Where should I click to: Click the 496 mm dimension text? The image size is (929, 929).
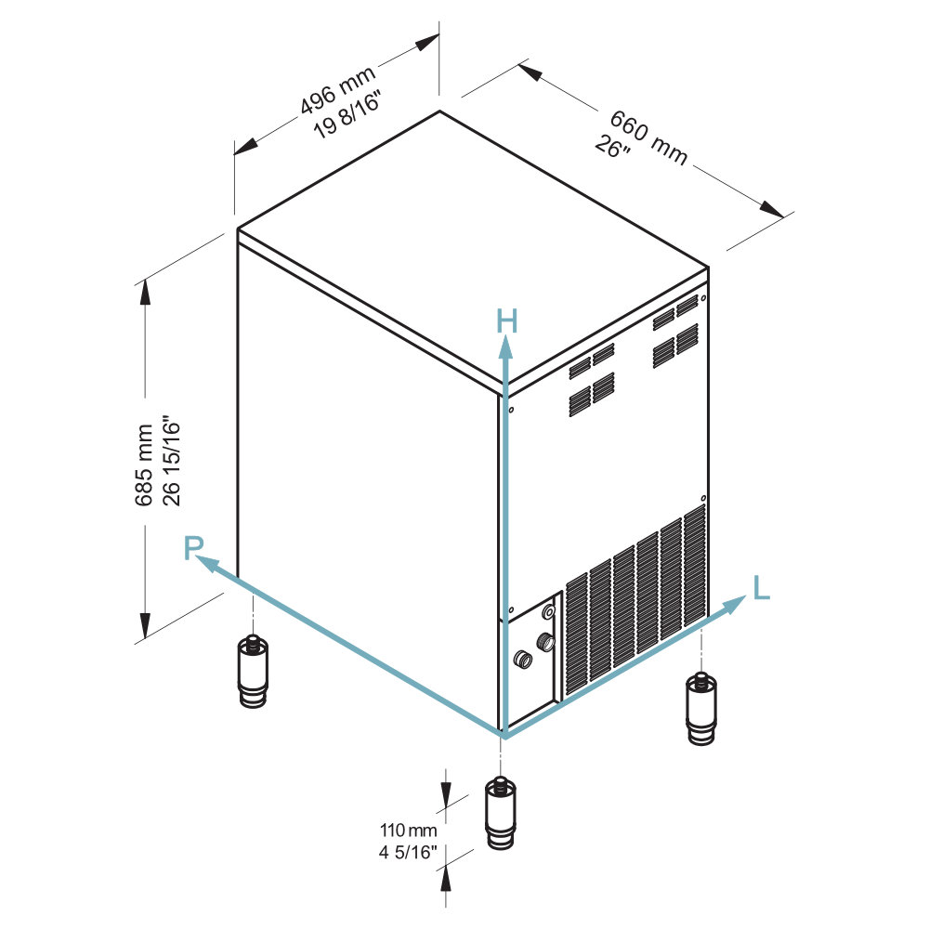coord(337,89)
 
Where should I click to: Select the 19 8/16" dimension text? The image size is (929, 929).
coord(347,114)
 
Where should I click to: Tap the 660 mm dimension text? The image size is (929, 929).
coord(648,137)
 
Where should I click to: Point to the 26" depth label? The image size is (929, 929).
coord(612,147)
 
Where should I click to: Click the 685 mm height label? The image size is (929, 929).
coord(143,465)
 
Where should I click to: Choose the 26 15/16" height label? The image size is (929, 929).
coord(171,460)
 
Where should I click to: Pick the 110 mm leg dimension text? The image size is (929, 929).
coord(408,830)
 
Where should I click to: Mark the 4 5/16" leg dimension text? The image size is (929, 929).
coord(408,852)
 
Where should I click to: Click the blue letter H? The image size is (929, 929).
coord(506,321)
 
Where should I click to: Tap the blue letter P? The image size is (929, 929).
coord(193,548)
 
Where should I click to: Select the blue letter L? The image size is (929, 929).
coord(762,588)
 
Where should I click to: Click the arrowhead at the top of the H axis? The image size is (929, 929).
coord(505,347)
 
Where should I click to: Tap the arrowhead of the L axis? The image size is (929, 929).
coord(735,605)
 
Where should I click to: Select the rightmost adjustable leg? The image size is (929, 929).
coord(701,708)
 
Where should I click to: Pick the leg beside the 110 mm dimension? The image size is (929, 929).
coord(501,814)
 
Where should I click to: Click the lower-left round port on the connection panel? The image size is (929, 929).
coord(522,659)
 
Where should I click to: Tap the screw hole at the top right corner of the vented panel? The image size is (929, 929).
coord(703,298)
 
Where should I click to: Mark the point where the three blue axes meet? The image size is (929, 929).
coord(504,736)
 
